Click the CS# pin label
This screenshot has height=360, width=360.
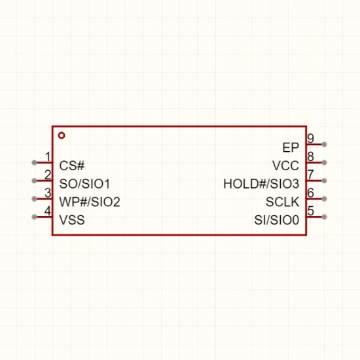(72, 166)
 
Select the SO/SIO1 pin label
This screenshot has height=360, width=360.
(84, 184)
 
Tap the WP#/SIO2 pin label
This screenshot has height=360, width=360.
(90, 202)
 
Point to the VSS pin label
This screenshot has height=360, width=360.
(72, 220)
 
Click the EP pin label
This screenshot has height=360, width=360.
(291, 148)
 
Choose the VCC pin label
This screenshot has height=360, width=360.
(285, 166)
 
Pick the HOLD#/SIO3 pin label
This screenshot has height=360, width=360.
(261, 184)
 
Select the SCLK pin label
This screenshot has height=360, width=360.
(282, 202)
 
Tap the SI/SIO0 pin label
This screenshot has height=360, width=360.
(277, 220)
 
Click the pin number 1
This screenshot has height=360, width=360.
(48, 157)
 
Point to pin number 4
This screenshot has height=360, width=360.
(48, 211)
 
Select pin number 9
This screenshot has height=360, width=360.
(311, 139)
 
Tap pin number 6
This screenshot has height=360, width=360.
(311, 192)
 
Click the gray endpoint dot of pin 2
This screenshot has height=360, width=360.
(34, 181)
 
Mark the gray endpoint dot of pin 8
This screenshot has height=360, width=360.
(324, 162)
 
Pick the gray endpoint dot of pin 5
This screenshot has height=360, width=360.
(324, 217)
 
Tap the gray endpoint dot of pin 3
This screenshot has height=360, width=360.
(34, 199)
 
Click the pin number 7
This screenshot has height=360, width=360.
(311, 175)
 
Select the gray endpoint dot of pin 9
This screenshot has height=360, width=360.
(324, 145)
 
